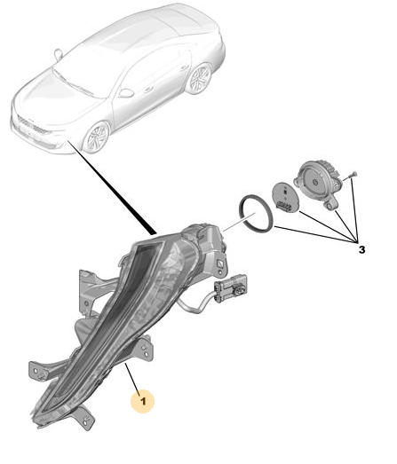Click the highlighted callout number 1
click(x=143, y=401)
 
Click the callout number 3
click(x=361, y=250)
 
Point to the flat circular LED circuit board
click(x=285, y=197)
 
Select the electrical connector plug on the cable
click(x=232, y=288)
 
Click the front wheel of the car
click(x=97, y=137)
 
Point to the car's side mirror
click(x=126, y=93)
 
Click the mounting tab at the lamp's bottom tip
click(x=84, y=418)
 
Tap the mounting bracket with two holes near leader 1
click(x=144, y=349)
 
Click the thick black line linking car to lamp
click(x=112, y=187)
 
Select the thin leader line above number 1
click(x=132, y=378)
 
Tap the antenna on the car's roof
click(x=58, y=55)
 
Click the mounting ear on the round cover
click(x=332, y=204)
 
